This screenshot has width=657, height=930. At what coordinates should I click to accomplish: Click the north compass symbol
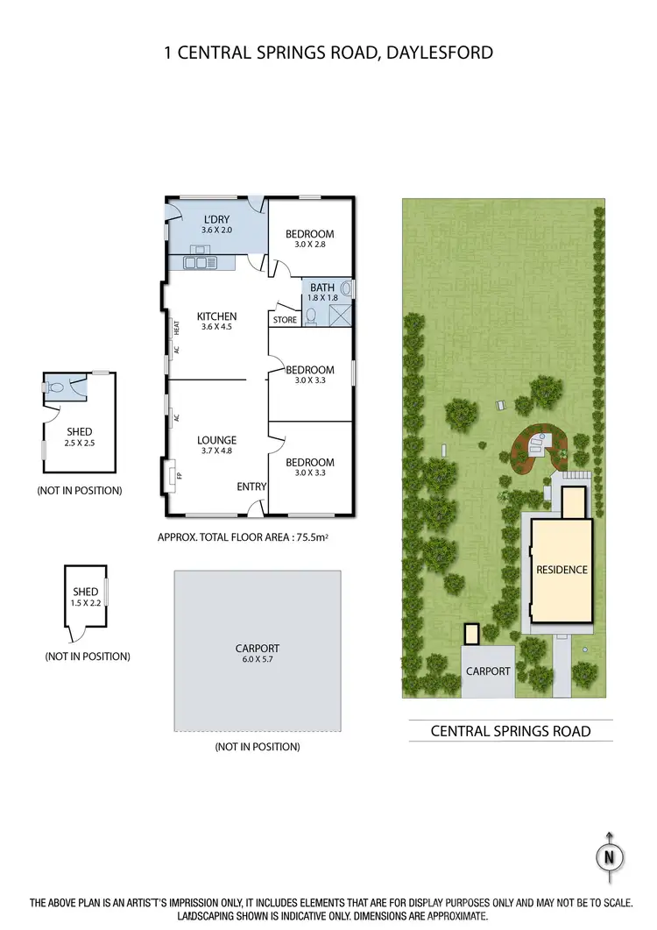[610, 855]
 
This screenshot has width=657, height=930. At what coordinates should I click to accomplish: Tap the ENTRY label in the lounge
[251, 486]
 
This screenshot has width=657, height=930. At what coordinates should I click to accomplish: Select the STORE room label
[285, 320]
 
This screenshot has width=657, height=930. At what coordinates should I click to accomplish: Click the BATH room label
[321, 288]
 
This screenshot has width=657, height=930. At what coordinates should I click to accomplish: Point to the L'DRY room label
[215, 219]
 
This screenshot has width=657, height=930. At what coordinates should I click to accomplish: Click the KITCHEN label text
[216, 316]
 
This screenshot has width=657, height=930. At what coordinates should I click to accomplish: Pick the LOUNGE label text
[217, 440]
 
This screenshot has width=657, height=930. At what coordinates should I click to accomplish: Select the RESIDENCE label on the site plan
[562, 570]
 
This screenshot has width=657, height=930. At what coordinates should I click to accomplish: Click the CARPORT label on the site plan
[488, 671]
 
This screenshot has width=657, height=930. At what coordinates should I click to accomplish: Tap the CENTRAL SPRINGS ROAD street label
[511, 731]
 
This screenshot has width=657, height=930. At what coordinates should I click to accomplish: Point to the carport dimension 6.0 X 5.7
[258, 660]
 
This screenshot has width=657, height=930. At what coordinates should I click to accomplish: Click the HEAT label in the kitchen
[176, 327]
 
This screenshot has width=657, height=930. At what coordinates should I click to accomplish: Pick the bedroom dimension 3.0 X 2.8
[310, 246]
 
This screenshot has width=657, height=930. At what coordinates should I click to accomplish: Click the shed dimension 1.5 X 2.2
[85, 603]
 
